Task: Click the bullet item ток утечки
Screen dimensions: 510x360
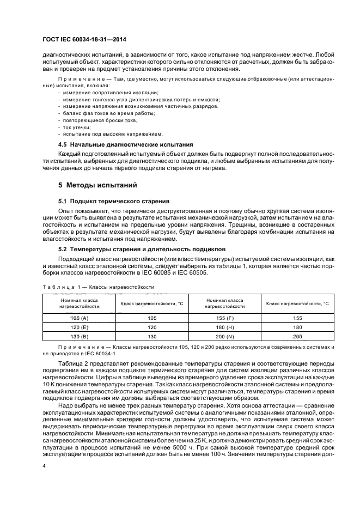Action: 76,126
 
